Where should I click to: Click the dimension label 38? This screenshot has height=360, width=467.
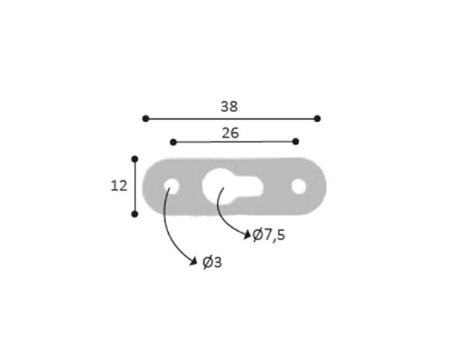pos(229,107)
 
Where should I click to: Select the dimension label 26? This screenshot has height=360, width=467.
pos(230,133)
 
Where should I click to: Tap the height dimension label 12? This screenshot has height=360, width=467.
pos(119,186)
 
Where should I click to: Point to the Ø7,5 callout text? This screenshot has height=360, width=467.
pos(269,235)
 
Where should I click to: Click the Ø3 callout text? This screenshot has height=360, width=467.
pos(212,262)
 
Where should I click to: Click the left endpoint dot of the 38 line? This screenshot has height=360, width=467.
pos(146,119)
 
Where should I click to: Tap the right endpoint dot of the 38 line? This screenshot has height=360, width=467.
pos(318,119)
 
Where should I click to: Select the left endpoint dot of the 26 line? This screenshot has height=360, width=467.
pos(174,142)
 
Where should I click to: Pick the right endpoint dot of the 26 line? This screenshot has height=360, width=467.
pos(296,142)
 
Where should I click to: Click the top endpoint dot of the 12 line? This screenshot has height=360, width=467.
pos(135,159)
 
